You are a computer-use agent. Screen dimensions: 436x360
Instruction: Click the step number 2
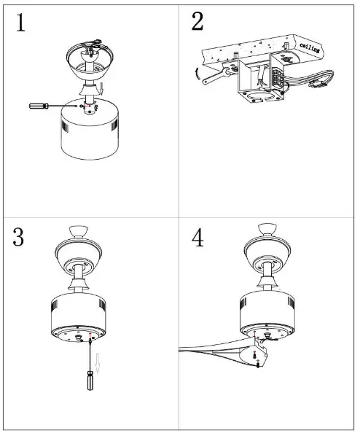tap(197, 22)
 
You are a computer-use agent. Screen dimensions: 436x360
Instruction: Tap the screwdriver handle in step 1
tap(38, 106)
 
